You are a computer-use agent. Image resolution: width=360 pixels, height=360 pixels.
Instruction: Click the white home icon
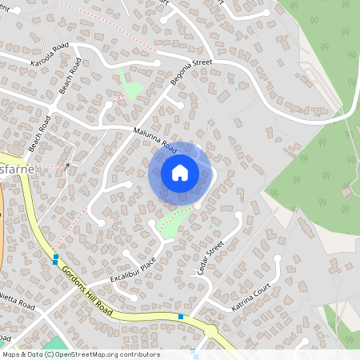coord(180,172)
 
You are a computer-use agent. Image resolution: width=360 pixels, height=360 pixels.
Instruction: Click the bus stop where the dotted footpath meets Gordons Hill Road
coord(55,258)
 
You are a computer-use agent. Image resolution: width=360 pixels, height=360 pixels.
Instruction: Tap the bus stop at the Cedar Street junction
coord(181,317)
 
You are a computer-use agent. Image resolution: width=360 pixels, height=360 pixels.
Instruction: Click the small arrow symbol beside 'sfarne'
coord(67,166)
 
